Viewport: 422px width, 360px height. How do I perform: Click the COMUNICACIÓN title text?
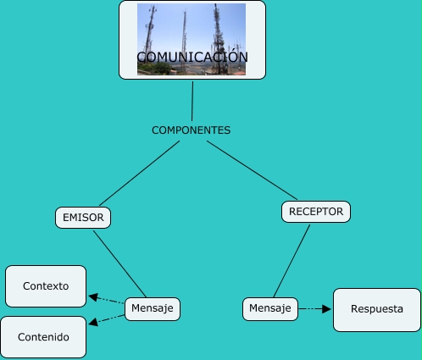[x=192, y=58]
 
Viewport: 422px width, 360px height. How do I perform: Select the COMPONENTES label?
[x=191, y=130]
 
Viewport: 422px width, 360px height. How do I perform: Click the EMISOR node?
[x=83, y=218]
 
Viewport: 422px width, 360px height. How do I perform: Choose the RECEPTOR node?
[x=316, y=212]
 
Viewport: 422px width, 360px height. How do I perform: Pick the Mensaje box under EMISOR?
[x=153, y=309]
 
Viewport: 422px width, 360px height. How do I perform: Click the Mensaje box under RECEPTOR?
[x=270, y=308]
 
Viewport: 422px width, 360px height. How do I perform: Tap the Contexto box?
[x=46, y=286]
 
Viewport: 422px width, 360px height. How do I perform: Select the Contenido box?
[x=44, y=337]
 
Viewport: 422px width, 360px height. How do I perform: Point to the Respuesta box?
[x=377, y=309]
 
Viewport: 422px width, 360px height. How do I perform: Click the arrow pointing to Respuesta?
[x=315, y=309]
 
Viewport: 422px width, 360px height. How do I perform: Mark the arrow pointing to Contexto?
[x=106, y=299]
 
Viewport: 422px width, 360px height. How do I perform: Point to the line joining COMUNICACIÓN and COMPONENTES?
[x=192, y=100]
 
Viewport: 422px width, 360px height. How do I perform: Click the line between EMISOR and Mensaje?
[x=119, y=263]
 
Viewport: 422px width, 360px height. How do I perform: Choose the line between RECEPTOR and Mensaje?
[x=291, y=260]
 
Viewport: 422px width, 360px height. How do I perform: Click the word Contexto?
[x=46, y=286]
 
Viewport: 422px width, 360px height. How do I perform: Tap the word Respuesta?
[x=377, y=309]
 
